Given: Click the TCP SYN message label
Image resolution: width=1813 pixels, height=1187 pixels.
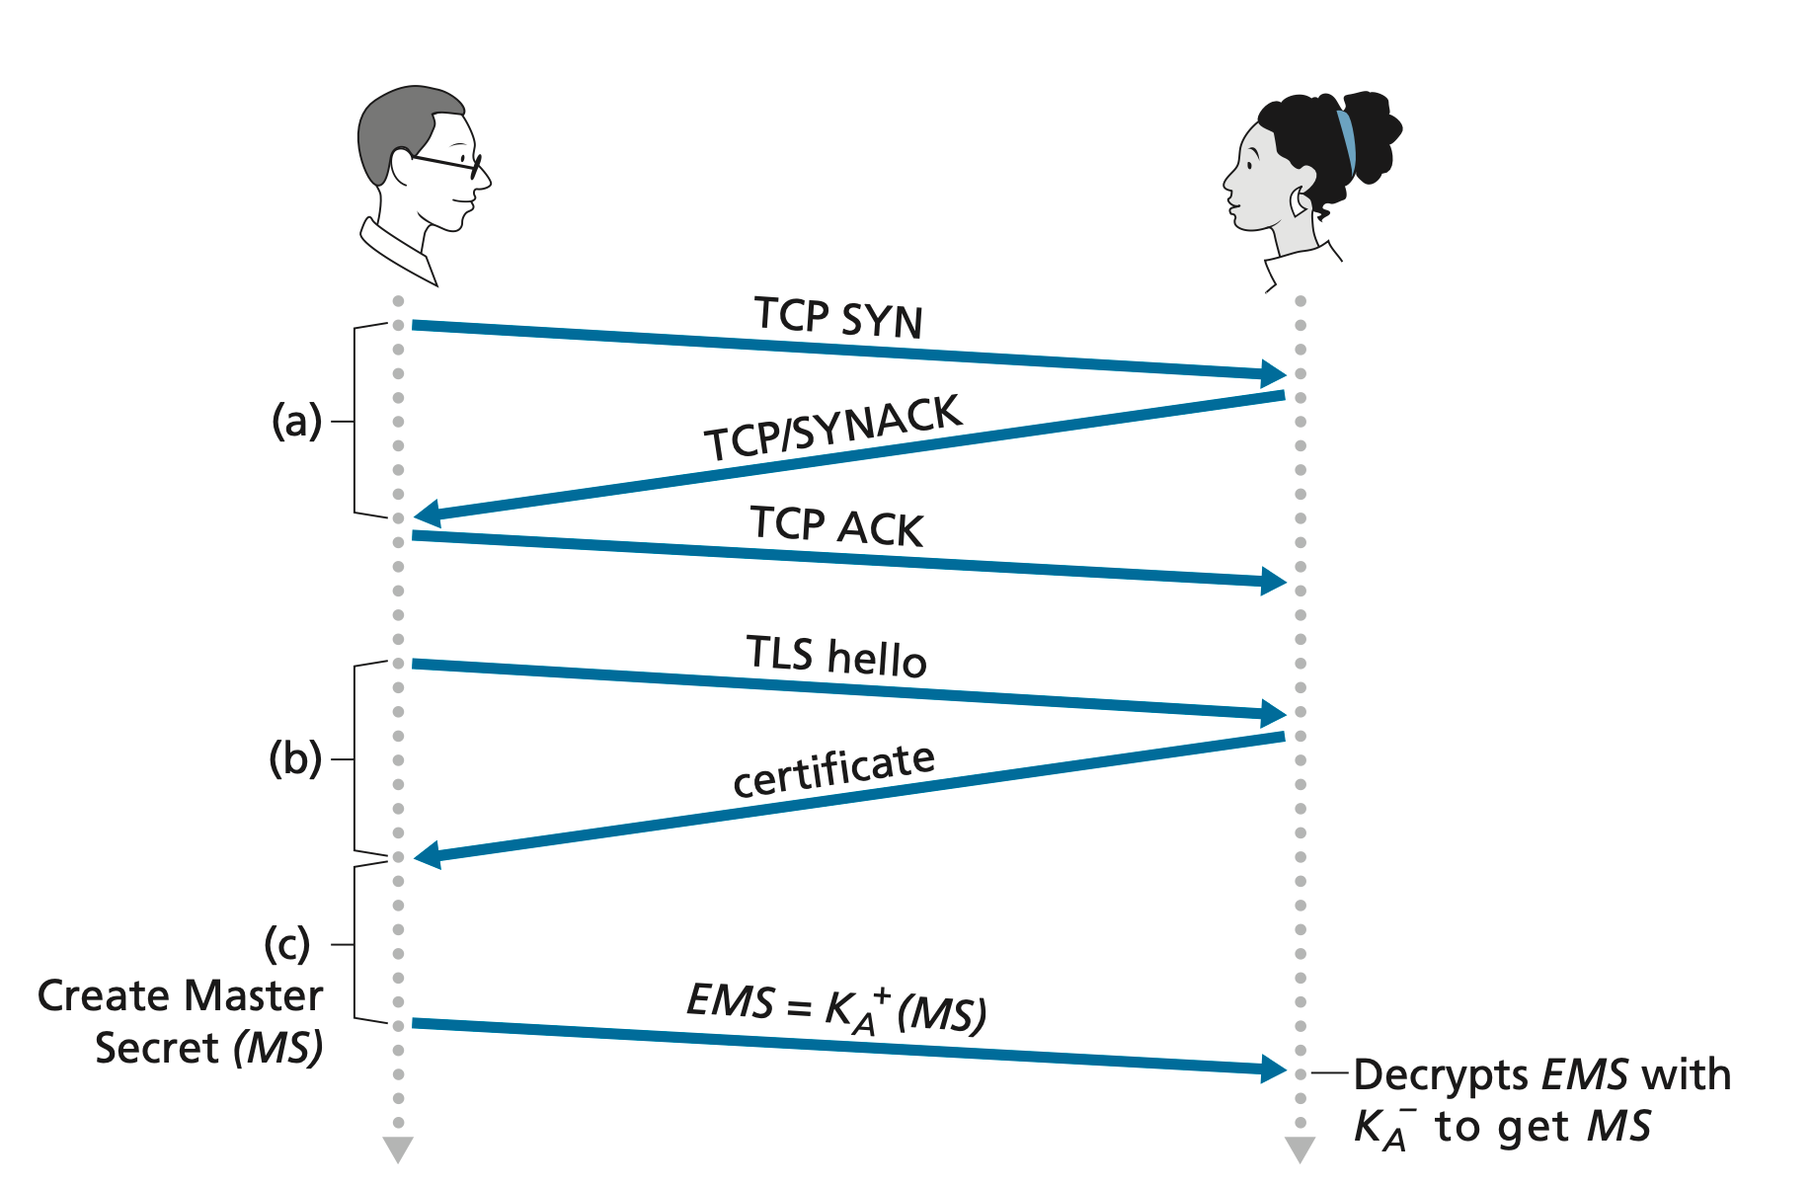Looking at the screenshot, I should [838, 317].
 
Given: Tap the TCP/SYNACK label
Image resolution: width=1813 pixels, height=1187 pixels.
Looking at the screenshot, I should [832, 429].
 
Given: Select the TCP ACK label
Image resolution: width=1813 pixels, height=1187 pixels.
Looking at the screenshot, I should [836, 525].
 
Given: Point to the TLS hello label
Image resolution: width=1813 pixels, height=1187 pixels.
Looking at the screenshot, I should [836, 656].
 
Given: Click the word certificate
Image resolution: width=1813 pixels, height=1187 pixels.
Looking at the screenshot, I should [833, 770].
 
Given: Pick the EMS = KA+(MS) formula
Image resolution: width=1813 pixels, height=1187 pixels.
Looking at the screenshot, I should [835, 1007].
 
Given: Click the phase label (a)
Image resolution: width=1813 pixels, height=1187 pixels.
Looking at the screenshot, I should [296, 422].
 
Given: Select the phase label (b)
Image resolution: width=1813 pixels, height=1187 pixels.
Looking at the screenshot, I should [295, 759].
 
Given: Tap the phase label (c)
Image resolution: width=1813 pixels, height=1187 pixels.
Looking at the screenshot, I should [287, 944].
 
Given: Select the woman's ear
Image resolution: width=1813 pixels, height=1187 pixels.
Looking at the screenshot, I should [1298, 201].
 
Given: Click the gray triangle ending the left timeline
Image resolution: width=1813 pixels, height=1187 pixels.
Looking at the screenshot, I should [398, 1149].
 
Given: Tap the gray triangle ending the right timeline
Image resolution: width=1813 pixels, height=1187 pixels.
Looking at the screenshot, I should [1300, 1149].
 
